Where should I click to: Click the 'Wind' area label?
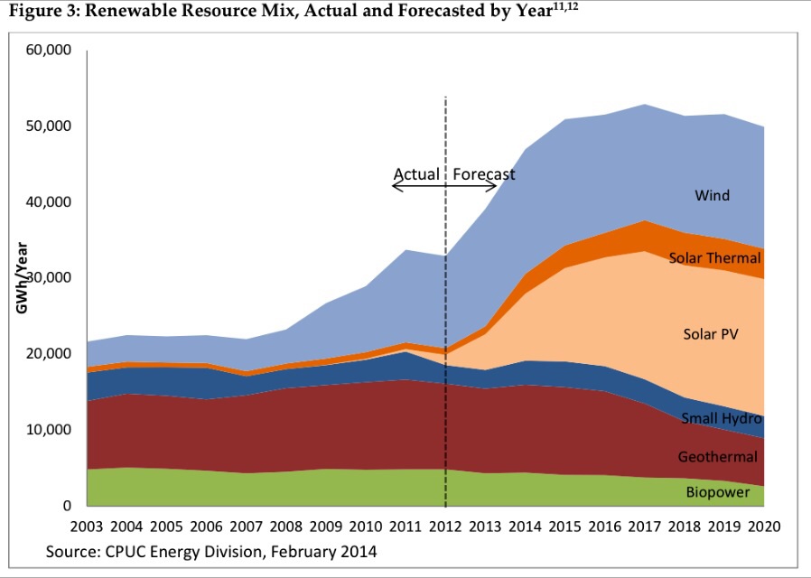(712, 195)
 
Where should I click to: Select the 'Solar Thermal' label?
(715, 258)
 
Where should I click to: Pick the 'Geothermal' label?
(718, 457)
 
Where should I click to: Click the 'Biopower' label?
(718, 492)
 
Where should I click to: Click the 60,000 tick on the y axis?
(51, 50)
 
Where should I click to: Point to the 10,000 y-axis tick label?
(51, 430)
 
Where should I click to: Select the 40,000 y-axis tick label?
(51, 202)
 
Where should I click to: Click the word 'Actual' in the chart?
(416, 173)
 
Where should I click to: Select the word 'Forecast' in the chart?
(484, 173)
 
